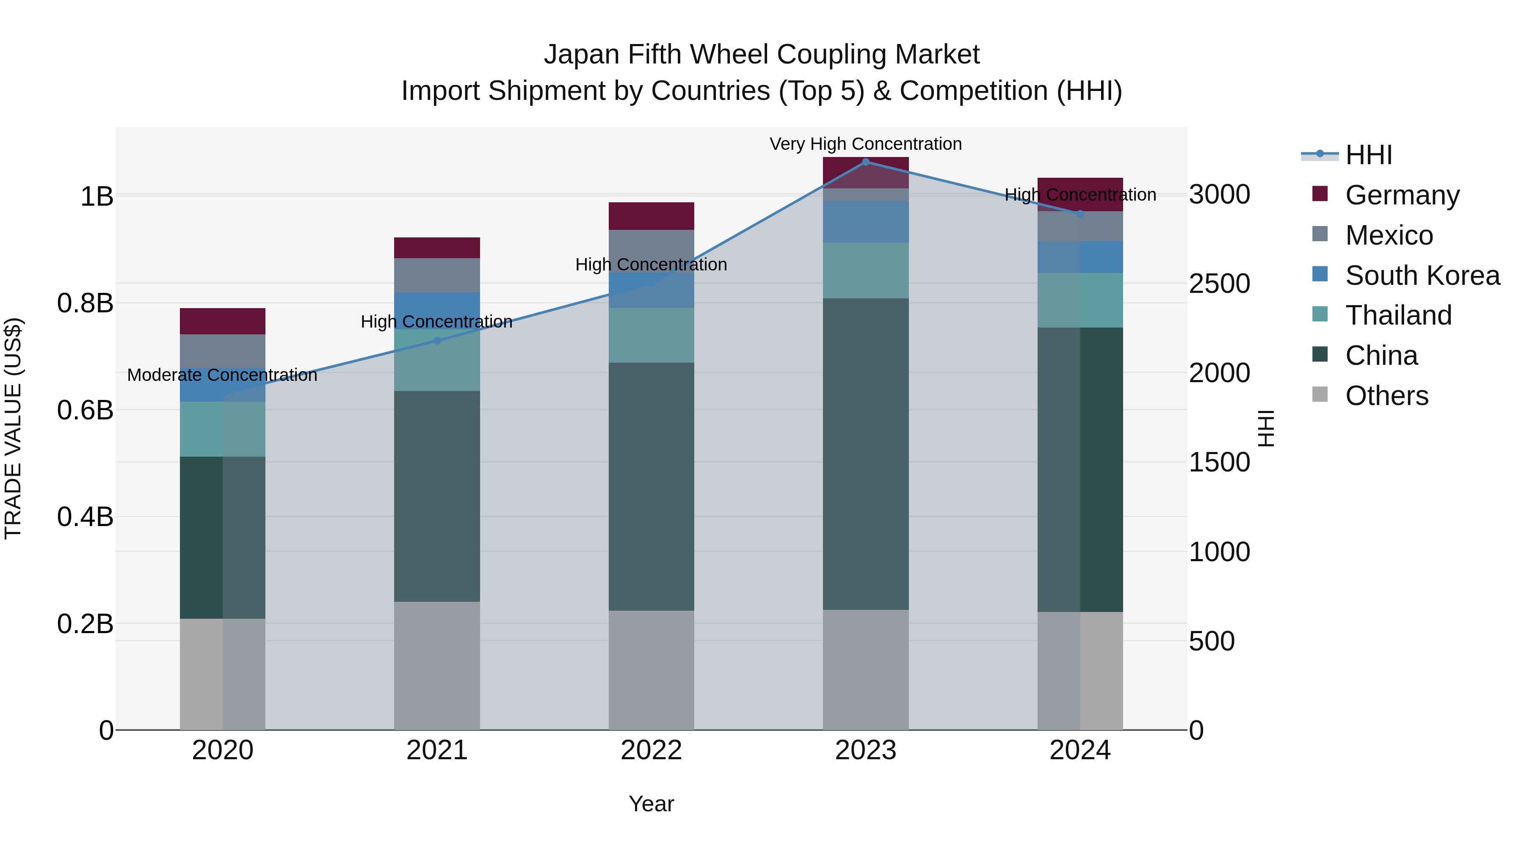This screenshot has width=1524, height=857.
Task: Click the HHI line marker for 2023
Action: point(866,162)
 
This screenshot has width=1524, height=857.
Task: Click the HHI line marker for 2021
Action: point(436,341)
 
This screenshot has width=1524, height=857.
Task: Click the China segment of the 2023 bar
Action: point(866,454)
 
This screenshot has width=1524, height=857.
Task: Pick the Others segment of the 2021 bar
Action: point(436,665)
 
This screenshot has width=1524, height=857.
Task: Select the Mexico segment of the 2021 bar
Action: point(436,275)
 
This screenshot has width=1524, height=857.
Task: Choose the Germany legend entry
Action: point(1402,195)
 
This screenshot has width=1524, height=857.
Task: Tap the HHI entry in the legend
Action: point(1368,155)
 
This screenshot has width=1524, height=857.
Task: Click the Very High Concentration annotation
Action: point(866,144)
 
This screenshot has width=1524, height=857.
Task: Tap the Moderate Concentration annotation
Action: point(222,375)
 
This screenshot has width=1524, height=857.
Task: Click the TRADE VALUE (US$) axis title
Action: point(13,428)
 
